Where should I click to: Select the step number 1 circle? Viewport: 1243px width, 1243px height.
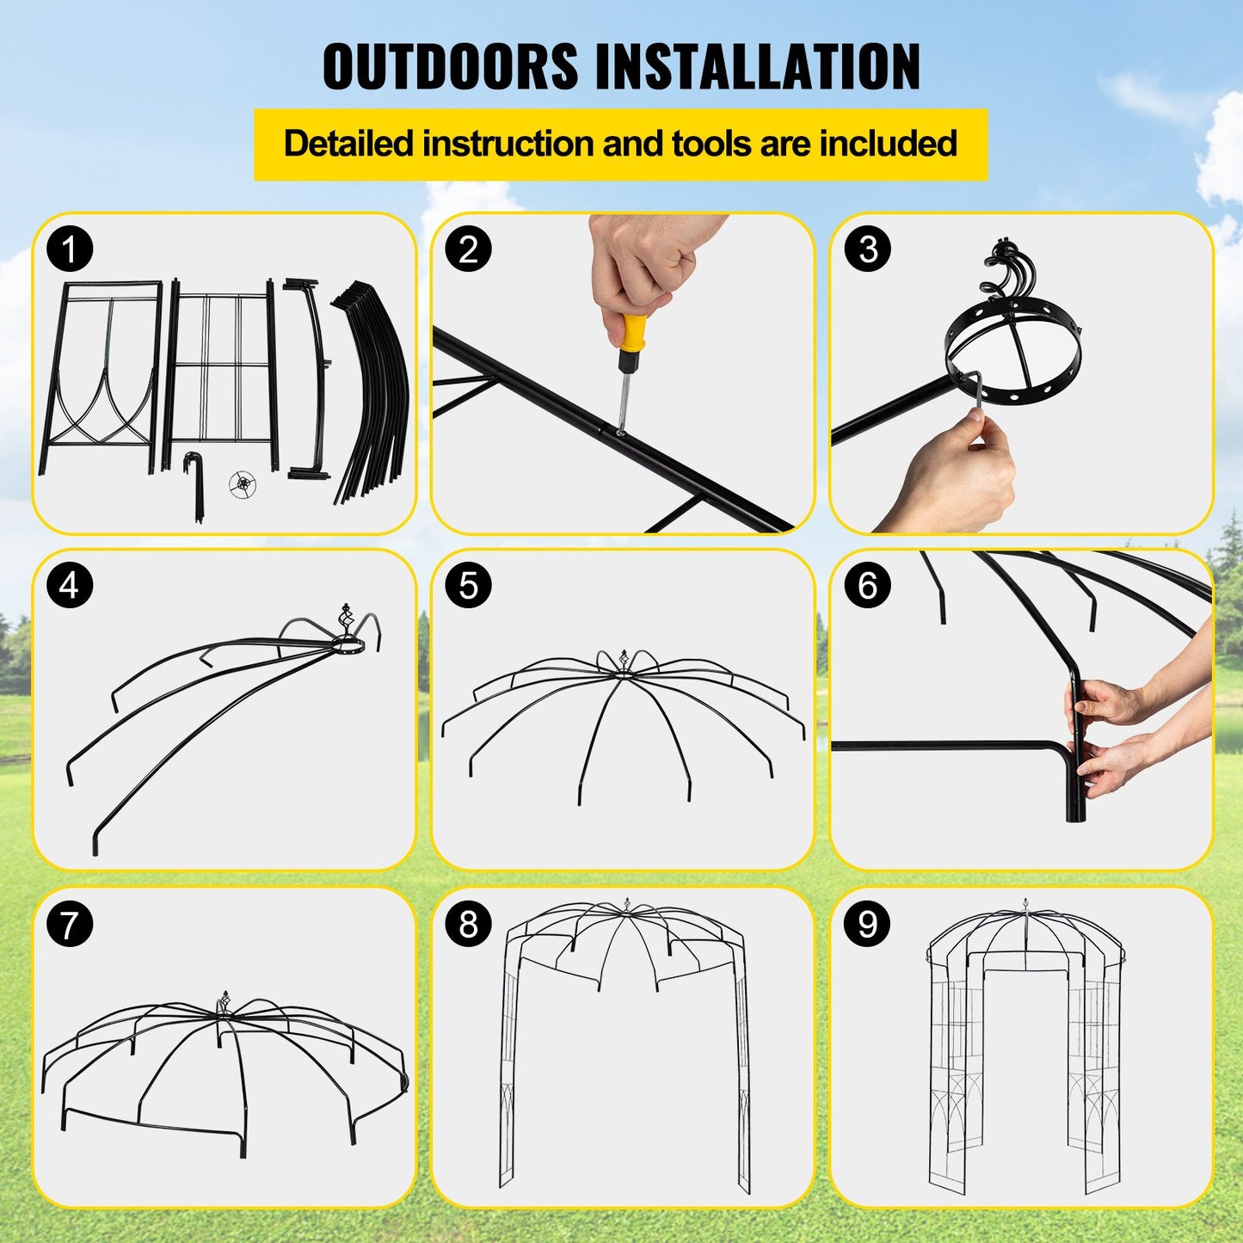tap(70, 249)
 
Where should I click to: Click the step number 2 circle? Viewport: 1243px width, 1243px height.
tap(468, 249)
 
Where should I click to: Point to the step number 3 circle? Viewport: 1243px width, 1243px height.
tap(867, 249)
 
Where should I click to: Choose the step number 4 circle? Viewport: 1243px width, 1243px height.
tap(70, 585)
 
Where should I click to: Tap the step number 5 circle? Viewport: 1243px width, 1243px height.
tap(468, 585)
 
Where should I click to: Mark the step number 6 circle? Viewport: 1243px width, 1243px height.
tap(867, 585)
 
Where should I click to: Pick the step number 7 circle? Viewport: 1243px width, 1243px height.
tap(70, 925)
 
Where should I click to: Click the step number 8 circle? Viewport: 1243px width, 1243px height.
tap(468, 925)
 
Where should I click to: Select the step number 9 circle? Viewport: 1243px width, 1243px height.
tap(867, 925)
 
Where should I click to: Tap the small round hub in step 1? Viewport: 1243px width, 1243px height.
tap(243, 484)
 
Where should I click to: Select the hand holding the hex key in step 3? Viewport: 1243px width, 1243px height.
tap(955, 469)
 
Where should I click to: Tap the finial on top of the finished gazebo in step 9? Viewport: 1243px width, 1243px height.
tap(1025, 908)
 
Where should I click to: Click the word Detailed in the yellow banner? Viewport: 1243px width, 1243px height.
tap(348, 144)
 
